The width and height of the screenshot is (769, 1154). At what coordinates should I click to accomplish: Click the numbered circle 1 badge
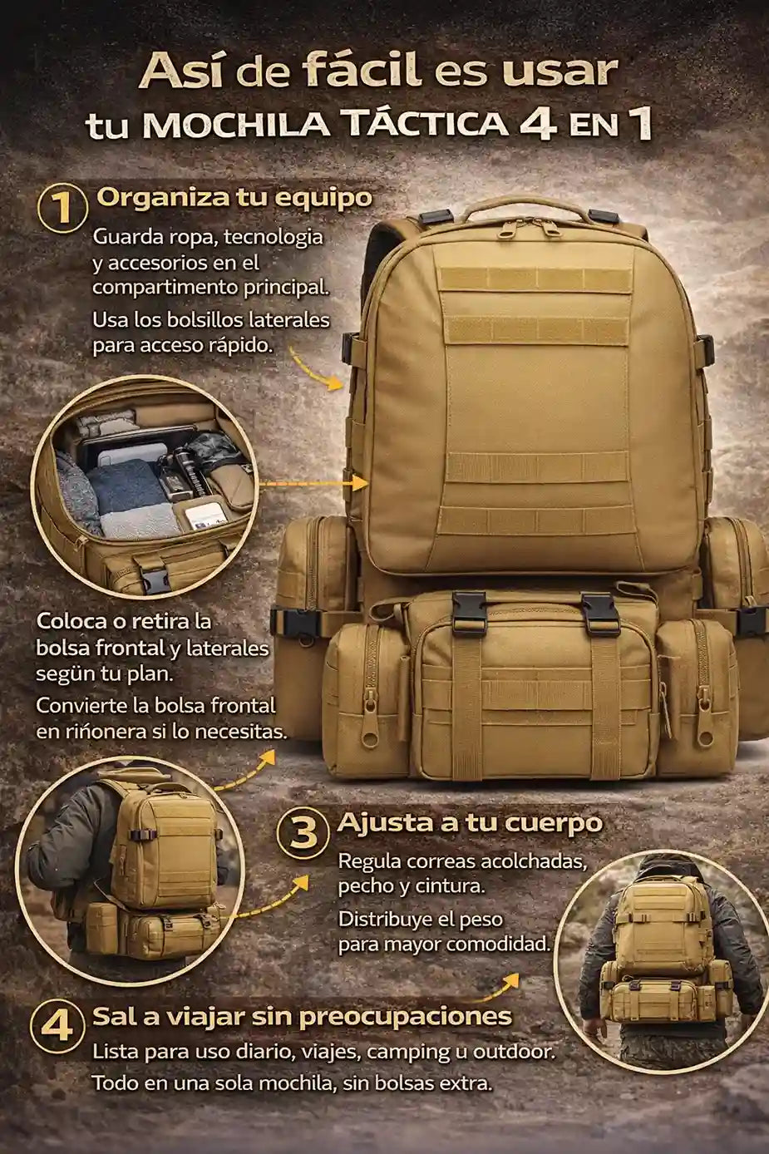click(x=62, y=210)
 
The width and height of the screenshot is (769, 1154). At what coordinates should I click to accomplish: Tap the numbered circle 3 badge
click(x=303, y=833)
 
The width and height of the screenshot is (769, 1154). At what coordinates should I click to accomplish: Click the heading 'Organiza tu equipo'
click(x=234, y=198)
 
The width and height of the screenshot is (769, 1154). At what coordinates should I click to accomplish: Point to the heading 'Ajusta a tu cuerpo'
click(x=470, y=823)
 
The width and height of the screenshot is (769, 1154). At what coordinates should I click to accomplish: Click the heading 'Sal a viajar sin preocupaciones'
click(x=303, y=1017)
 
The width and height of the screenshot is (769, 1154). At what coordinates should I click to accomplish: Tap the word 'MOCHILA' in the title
click(x=236, y=126)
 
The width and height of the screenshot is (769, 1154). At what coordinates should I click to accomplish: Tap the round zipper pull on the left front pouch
click(x=368, y=740)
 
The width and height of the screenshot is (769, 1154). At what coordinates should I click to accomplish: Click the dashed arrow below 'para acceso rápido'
click(x=315, y=370)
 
